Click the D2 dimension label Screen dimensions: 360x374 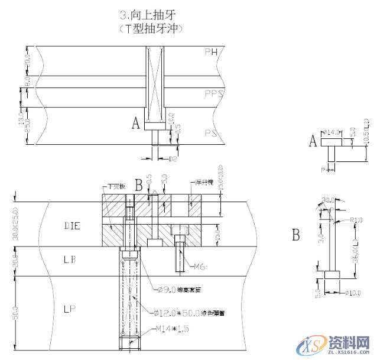173,159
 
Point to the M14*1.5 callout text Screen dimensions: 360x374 171,328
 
